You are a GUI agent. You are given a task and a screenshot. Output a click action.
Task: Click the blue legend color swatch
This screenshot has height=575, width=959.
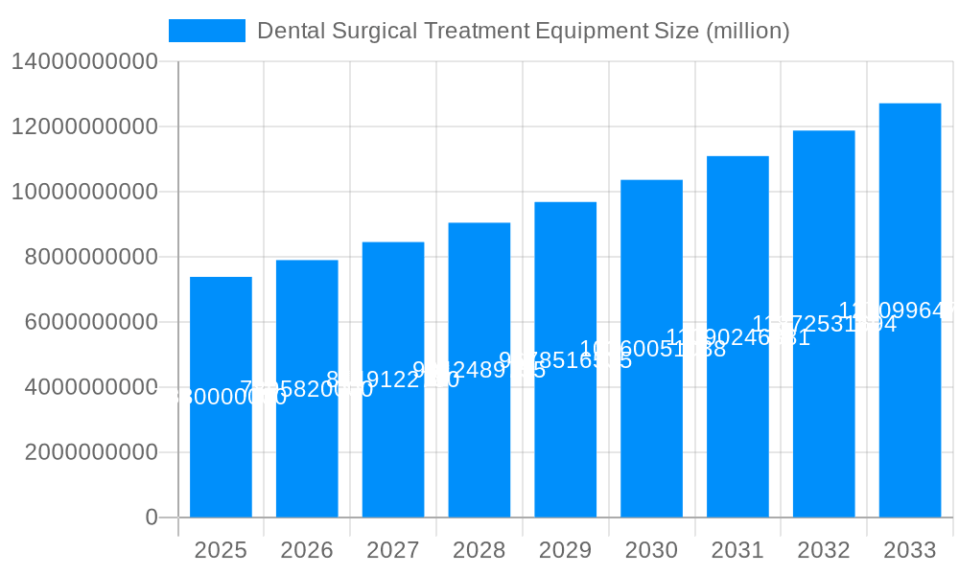point(207,31)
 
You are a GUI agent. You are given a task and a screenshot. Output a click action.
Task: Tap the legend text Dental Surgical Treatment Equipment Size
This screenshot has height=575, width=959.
point(524,31)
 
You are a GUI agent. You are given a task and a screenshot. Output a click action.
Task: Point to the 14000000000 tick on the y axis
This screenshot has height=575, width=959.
point(83,61)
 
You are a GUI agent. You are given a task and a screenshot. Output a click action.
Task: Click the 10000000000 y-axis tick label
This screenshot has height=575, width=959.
point(83,192)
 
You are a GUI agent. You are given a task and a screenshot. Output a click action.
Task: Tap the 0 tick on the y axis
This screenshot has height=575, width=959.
point(151,517)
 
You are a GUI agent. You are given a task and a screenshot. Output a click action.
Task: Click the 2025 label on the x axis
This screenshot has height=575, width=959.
point(221,550)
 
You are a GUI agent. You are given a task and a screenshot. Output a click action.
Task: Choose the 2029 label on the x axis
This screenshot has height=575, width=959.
point(565,550)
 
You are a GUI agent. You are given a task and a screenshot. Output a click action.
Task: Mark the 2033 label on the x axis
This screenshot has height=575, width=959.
point(910,550)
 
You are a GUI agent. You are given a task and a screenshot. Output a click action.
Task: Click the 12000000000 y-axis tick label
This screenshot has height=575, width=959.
point(83,126)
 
